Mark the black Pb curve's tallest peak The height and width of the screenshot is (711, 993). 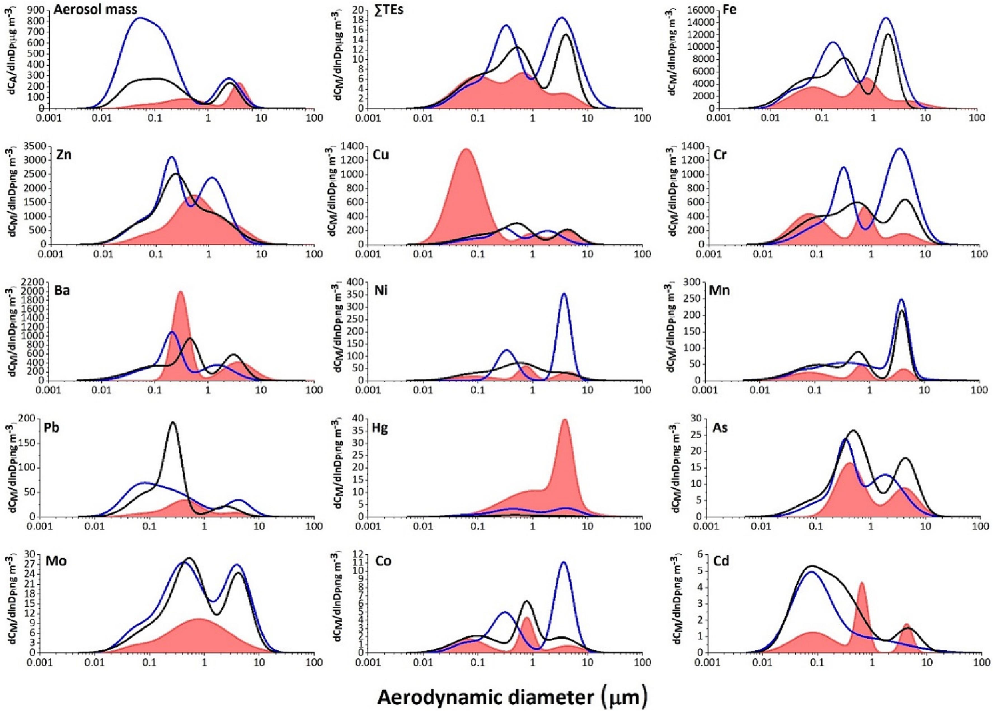173,422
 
